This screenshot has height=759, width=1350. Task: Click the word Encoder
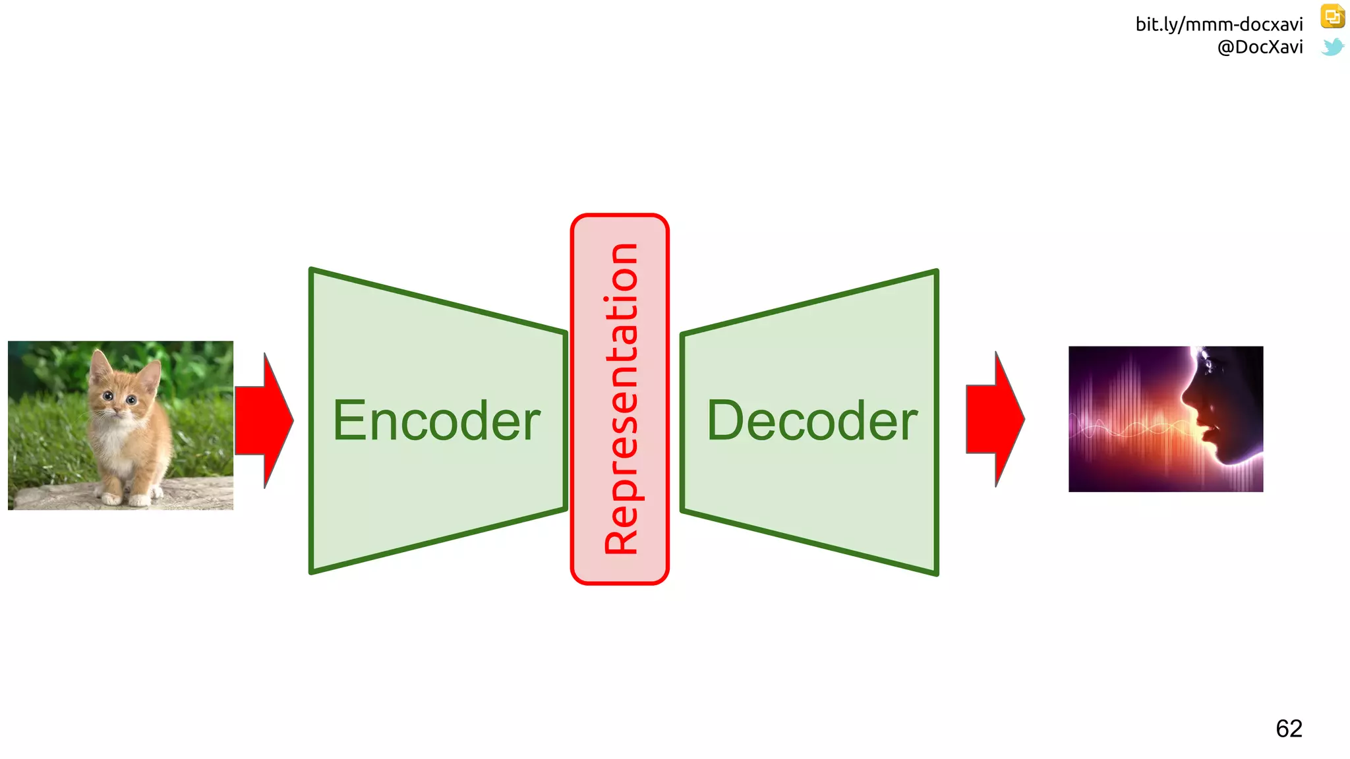[436, 421]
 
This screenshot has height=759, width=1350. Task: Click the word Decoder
[812, 421]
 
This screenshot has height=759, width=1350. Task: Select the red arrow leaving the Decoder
[995, 419]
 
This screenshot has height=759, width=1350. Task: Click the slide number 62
[1289, 729]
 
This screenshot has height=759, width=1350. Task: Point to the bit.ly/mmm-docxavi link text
[1219, 24]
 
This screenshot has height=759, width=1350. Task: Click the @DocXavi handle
[1260, 47]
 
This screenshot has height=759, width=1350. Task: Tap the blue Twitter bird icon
[1332, 47]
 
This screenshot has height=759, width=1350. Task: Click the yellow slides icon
[1332, 16]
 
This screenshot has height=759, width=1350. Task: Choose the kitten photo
[121, 425]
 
